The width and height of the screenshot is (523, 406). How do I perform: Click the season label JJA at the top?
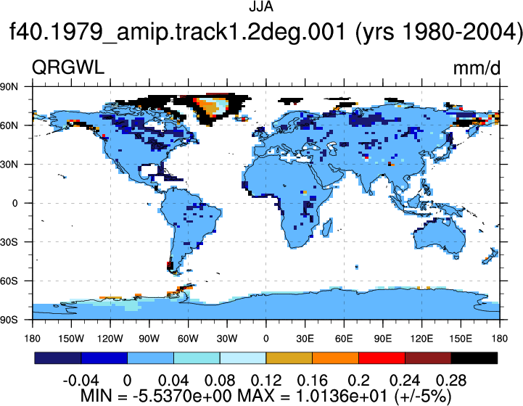coord(261,7)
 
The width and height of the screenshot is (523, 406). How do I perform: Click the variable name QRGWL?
coord(68,67)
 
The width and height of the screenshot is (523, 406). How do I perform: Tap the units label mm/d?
coord(477,68)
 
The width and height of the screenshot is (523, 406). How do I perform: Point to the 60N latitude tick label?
coord(9,125)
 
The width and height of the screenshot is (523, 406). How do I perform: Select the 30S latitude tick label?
coord(9,242)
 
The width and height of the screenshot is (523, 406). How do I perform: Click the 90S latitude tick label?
coord(9,320)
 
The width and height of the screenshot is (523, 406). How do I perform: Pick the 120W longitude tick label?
coord(110,339)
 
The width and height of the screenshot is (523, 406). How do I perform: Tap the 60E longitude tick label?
coord(344,339)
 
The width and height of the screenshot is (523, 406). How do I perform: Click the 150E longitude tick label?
coord(461,339)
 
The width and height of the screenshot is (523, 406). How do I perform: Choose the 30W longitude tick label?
coord(227,339)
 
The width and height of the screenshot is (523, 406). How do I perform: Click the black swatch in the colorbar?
coord(474,358)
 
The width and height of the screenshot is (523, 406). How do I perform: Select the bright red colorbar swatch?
coord(382,358)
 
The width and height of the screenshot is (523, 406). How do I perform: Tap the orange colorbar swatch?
coord(336,358)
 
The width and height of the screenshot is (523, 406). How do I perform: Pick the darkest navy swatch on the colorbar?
coord(58,358)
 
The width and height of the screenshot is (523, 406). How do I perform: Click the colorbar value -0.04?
coord(81,381)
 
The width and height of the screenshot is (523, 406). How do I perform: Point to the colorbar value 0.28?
coord(451,381)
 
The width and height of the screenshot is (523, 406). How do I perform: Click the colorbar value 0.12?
coord(265,381)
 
